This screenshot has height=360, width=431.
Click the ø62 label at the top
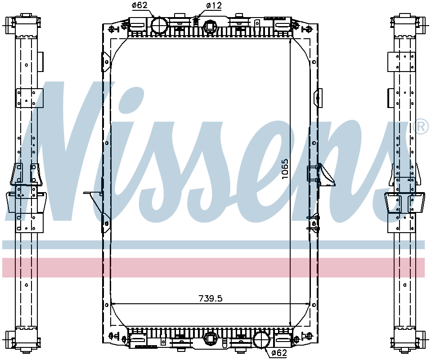(x=140, y=6)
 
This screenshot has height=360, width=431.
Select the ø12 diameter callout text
(x=214, y=6)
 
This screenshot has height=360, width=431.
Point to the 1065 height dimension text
(x=284, y=169)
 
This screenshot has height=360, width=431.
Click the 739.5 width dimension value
(x=211, y=298)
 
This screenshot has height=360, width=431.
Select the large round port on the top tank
(x=158, y=25)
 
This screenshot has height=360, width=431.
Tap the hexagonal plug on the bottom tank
(x=210, y=338)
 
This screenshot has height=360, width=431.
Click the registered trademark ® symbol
(x=420, y=127)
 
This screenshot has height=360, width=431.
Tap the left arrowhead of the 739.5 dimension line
(x=113, y=304)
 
